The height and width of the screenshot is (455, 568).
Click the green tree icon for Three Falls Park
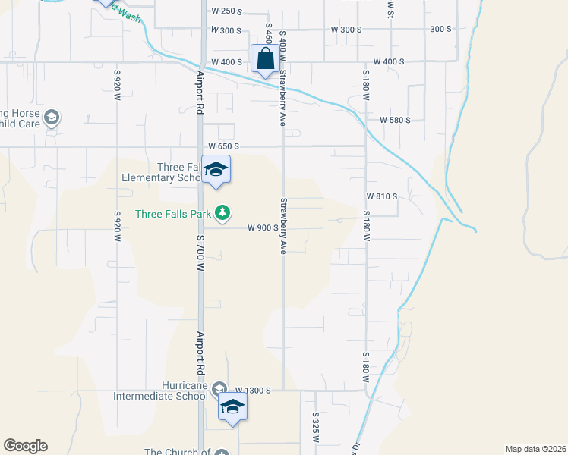tap(222, 213)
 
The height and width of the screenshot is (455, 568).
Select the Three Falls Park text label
tap(173, 214)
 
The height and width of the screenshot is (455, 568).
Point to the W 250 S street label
tap(227, 11)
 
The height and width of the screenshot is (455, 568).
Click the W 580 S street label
tap(395, 120)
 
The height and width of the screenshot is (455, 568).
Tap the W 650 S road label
tap(224, 146)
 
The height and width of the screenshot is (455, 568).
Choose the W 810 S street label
tap(383, 196)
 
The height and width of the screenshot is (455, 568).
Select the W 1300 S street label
tap(253, 390)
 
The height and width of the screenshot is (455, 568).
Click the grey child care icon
tap(52, 118)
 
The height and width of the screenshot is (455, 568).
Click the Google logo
tap(25, 446)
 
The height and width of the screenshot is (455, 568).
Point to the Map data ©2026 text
tap(535, 449)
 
